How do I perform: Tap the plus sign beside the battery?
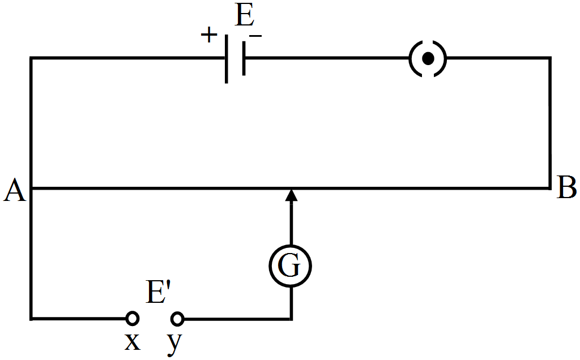pos(209,36)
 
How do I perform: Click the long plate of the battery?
pos(227,58)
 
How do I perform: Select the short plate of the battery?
pos(244,58)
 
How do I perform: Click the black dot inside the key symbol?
pos(428,58)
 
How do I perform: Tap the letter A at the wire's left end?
pos(15,191)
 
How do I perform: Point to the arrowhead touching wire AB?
pos(291,195)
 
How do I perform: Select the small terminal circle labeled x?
pos(132,319)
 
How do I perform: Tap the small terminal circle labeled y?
pos(177,319)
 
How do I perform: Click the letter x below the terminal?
pos(132,342)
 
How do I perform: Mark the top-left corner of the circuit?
pos(31,58)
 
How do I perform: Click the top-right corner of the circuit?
pos(550,58)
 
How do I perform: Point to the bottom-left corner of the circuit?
pos(31,319)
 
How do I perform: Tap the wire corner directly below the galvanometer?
pos(291,319)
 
